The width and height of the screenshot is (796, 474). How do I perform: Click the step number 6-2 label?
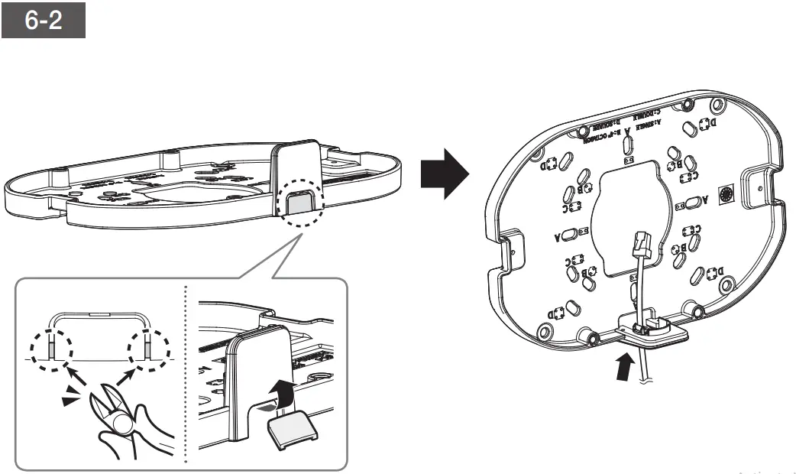pyautogui.click(x=43, y=21)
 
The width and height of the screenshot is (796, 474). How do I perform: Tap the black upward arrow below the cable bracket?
pyautogui.click(x=624, y=364)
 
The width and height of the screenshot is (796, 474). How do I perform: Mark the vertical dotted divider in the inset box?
pyautogui.click(x=186, y=375)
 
